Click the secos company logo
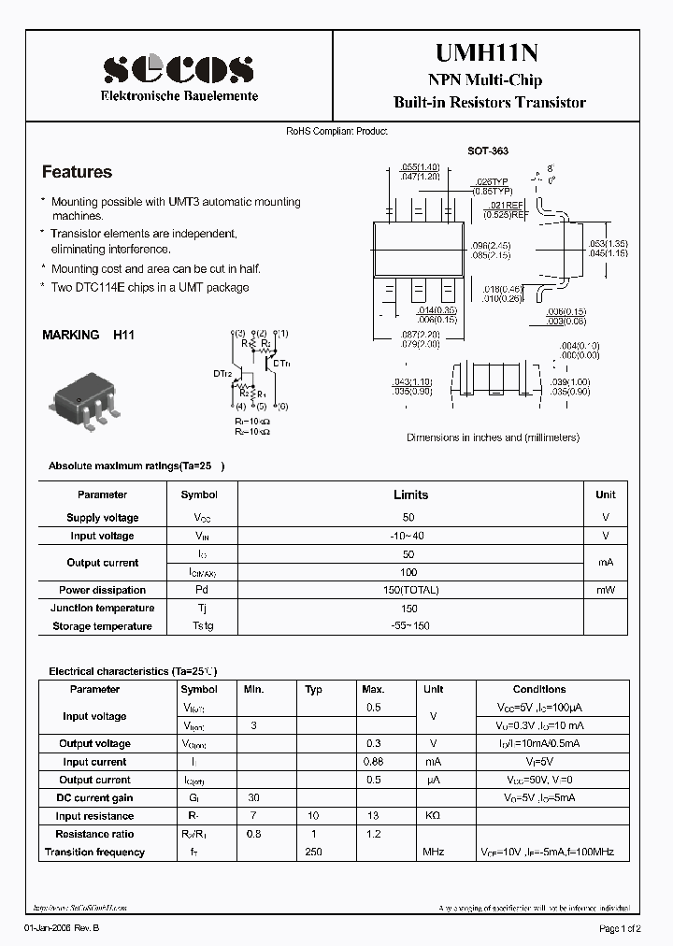[x=179, y=68]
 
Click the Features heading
[x=77, y=172]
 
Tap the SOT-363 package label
[x=488, y=150]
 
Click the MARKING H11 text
[x=89, y=334]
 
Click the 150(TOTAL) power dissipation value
[x=410, y=590]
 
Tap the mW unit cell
[x=606, y=590]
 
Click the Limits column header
[x=410, y=494]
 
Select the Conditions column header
[x=539, y=689]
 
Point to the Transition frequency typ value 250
[x=313, y=852]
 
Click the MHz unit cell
[x=433, y=852]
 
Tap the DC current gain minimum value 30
[x=253, y=797]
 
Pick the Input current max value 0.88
[x=373, y=762]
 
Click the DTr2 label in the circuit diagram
[x=222, y=373]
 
